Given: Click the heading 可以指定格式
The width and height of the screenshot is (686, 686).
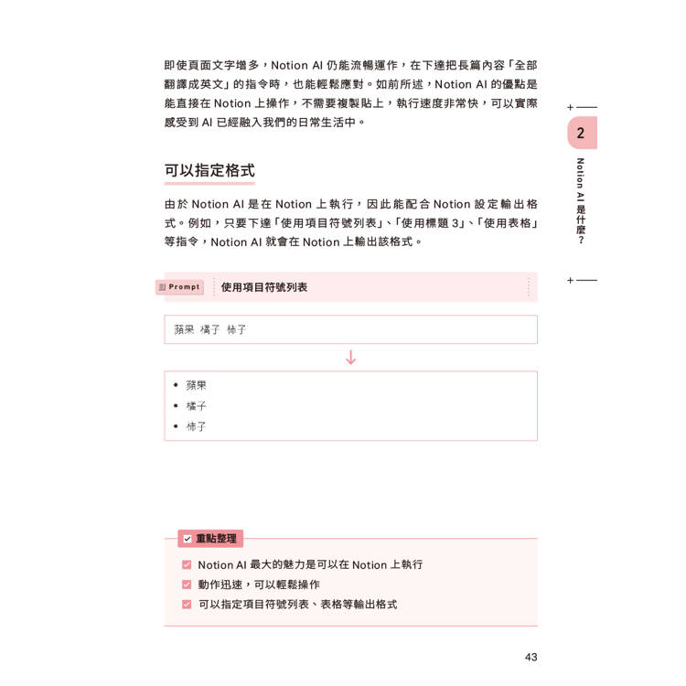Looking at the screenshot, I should (x=209, y=170).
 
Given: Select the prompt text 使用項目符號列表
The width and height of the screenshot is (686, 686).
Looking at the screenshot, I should (x=264, y=287).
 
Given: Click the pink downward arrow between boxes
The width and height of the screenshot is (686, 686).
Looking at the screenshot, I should (x=350, y=358).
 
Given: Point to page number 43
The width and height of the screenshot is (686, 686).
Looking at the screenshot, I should (x=531, y=657).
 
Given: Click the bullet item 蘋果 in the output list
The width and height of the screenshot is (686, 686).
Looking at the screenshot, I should (x=196, y=386).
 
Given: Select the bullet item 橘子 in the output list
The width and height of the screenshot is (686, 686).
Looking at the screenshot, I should (x=196, y=406).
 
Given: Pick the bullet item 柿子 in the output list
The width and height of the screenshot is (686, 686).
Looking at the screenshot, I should (x=196, y=426).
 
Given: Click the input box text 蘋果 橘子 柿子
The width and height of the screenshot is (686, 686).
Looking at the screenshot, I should (x=210, y=329).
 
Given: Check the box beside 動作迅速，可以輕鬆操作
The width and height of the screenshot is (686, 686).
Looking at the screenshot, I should (x=187, y=584).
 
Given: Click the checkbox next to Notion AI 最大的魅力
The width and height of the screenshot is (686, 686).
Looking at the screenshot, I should (x=187, y=565).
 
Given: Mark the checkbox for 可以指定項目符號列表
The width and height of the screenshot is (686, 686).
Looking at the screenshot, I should (x=187, y=605).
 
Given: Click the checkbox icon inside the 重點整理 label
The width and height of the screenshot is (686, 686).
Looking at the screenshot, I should (x=188, y=539).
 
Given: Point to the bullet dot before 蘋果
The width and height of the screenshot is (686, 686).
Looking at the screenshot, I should (x=176, y=386).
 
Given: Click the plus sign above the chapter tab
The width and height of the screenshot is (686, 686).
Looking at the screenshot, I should (x=571, y=108).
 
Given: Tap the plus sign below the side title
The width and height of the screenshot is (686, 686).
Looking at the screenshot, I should (x=571, y=280).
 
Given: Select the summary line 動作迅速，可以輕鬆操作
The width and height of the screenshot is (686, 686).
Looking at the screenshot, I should (x=259, y=584).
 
